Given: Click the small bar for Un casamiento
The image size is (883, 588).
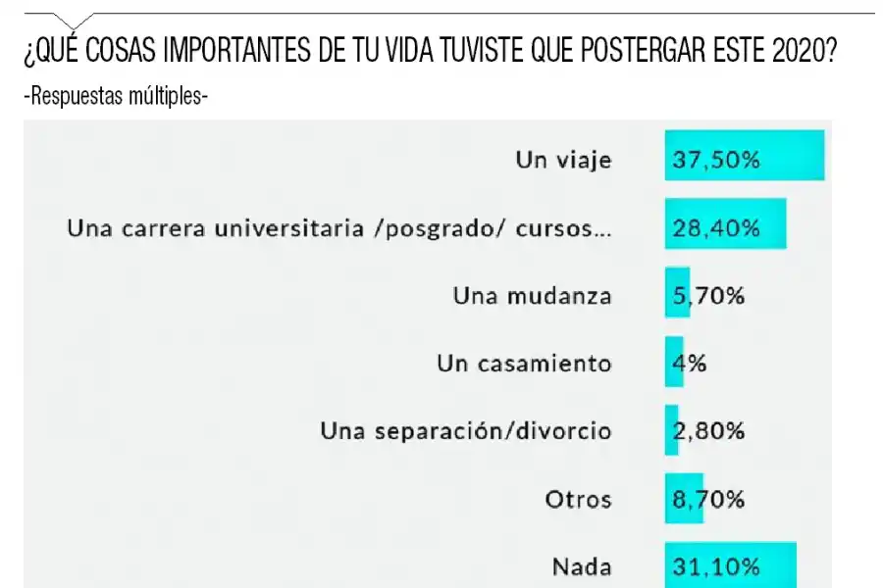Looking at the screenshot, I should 673,362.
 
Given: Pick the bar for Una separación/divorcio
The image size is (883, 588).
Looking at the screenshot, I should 671,429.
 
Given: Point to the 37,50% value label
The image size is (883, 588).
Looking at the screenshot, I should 715,160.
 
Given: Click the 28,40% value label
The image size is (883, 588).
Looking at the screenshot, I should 715,227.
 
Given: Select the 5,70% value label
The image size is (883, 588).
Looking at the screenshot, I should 707,295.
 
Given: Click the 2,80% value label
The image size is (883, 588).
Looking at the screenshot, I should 707,430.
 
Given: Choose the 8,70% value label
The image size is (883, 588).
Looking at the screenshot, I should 707,499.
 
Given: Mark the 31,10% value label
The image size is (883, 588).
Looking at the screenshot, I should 715,565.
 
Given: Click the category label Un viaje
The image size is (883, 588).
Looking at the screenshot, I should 563,160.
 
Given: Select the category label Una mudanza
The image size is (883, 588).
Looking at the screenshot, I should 532,295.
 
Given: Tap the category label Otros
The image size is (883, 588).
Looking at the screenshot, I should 578,499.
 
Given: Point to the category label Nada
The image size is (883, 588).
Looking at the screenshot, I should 582,565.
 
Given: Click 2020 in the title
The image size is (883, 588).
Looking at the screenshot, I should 800,51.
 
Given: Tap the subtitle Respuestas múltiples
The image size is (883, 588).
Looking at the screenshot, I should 116,96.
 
